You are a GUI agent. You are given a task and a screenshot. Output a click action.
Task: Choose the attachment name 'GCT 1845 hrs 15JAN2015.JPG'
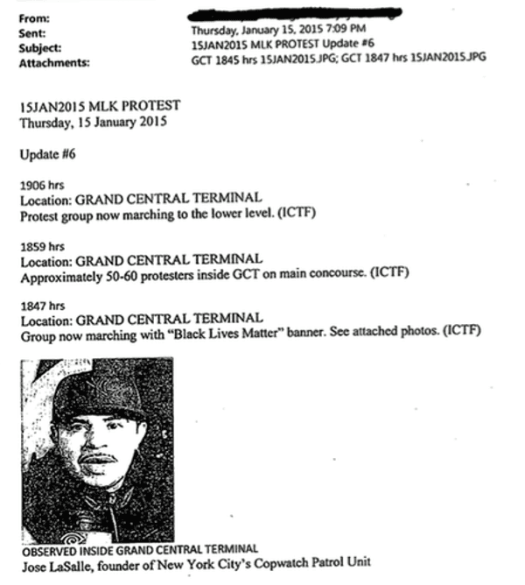click(x=263, y=58)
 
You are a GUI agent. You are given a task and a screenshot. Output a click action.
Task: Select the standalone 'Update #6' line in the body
click(x=49, y=154)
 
